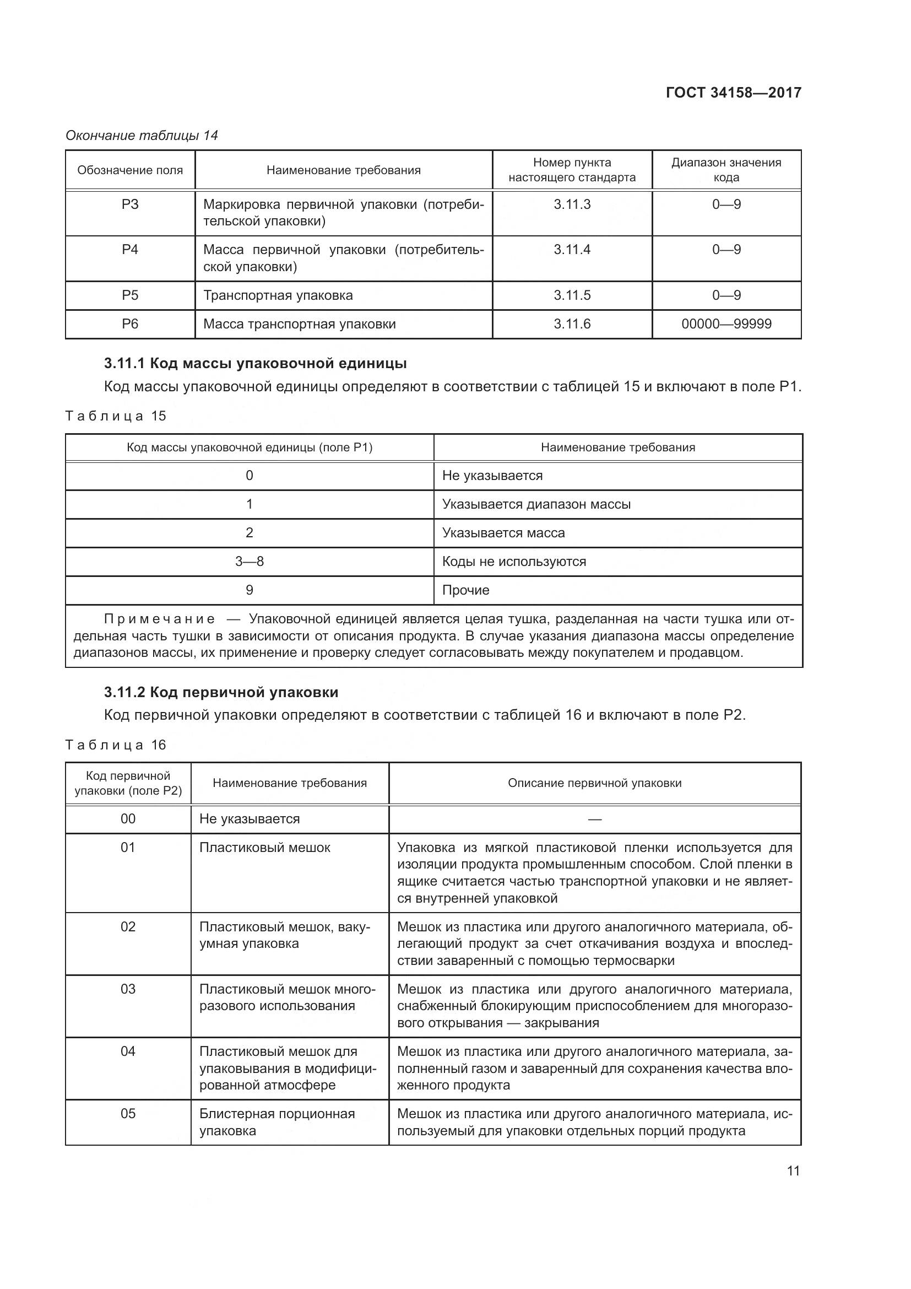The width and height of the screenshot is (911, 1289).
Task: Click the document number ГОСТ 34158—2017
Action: (x=733, y=93)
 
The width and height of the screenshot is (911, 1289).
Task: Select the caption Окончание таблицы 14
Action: (x=142, y=136)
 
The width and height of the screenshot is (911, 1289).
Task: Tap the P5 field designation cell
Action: (x=129, y=295)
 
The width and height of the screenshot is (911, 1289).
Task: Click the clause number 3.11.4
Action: (x=572, y=249)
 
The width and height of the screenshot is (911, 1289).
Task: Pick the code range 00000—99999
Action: (x=726, y=324)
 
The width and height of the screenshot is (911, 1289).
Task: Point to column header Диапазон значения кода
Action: (x=726, y=170)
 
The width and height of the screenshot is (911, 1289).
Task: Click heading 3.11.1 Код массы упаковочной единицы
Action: (x=255, y=363)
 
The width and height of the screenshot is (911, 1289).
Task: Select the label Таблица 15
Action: (x=116, y=416)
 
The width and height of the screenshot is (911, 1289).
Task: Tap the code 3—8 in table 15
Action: (x=249, y=562)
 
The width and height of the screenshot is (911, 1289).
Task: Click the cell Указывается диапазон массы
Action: (x=536, y=504)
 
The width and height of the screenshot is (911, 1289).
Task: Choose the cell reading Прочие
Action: (x=465, y=590)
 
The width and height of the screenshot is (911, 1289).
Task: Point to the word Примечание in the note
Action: (x=159, y=619)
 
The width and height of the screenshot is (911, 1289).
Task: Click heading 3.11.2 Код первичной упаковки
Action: (x=221, y=692)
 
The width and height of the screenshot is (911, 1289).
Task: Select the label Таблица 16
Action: (x=116, y=745)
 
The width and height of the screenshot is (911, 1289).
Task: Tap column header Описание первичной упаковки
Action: (x=594, y=783)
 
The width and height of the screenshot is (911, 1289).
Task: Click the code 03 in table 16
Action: (x=128, y=989)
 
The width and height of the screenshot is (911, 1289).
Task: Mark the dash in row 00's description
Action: (x=595, y=819)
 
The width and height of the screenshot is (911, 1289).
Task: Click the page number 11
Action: (x=793, y=1171)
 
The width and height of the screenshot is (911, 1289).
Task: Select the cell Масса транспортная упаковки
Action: (x=299, y=324)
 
